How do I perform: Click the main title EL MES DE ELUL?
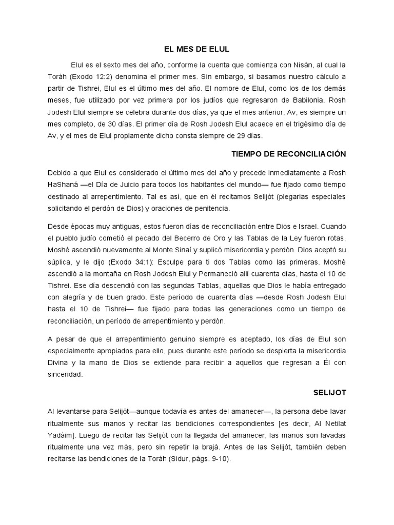pyautogui.click(x=196, y=50)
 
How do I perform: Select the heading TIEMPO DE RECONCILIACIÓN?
pyautogui.click(x=289, y=154)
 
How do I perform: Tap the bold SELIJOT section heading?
pyautogui.click(x=330, y=392)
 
